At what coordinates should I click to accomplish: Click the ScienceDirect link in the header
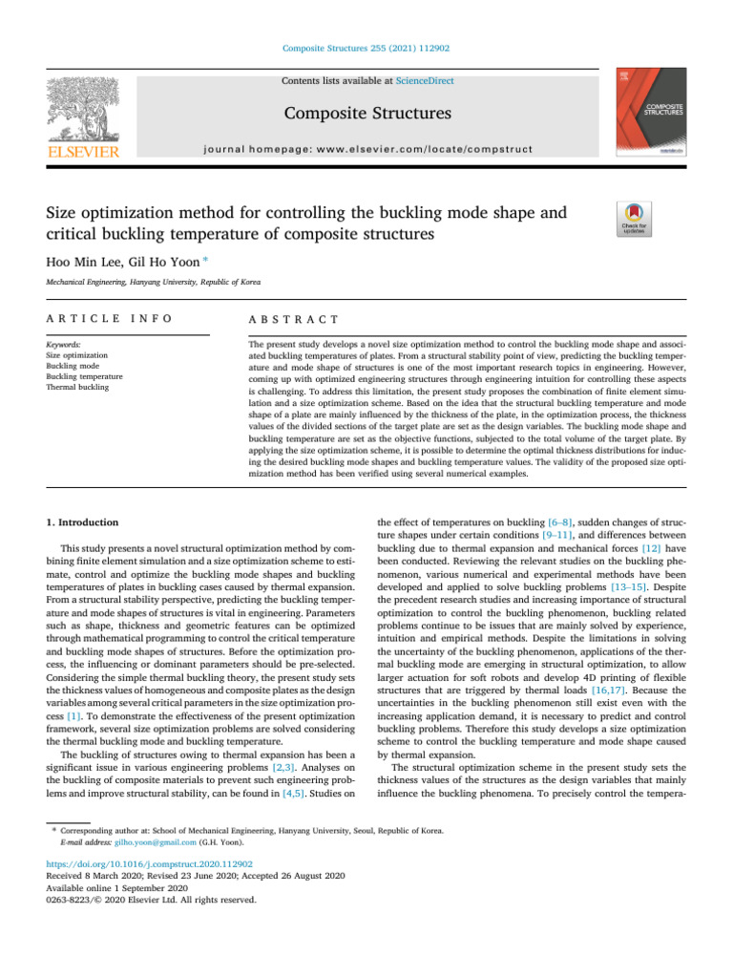[x=427, y=81]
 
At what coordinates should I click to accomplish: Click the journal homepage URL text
[x=366, y=149]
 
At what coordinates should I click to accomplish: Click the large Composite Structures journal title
[x=366, y=115]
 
